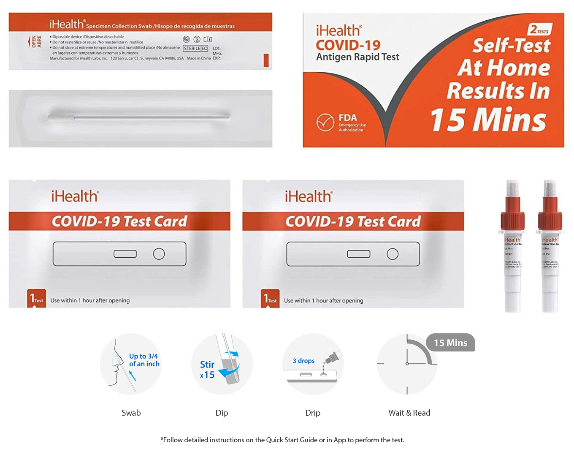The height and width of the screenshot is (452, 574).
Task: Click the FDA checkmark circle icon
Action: pyautogui.click(x=325, y=123)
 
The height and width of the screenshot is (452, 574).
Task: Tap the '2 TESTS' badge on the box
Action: pyautogui.click(x=540, y=30)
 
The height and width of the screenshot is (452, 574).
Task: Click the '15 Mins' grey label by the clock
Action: pyautogui.click(x=450, y=343)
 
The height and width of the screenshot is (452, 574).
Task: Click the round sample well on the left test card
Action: pyautogui.click(x=159, y=254)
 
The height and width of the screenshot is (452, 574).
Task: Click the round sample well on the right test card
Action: pyautogui.click(x=393, y=254)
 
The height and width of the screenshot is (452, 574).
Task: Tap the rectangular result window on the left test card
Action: pyautogui.click(x=125, y=254)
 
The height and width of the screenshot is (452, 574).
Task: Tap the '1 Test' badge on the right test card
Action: pyautogui.click(x=270, y=299)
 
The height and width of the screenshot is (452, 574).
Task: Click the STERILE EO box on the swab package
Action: pyautogui.click(x=195, y=49)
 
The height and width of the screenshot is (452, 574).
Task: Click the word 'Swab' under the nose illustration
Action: pyautogui.click(x=131, y=413)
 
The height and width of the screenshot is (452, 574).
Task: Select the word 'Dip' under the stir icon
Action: pyautogui.click(x=222, y=413)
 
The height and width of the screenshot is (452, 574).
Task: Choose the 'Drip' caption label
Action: pyautogui.click(x=313, y=413)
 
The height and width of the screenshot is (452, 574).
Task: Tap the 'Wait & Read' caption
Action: pyautogui.click(x=409, y=413)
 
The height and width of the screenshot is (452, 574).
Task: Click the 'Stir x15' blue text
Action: pyautogui.click(x=207, y=369)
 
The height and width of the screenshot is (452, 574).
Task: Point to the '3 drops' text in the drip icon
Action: pyautogui.click(x=303, y=361)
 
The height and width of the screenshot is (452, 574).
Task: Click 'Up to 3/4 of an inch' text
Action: pyautogui.click(x=144, y=360)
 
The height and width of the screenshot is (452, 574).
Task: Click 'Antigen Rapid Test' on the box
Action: pyautogui.click(x=357, y=57)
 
